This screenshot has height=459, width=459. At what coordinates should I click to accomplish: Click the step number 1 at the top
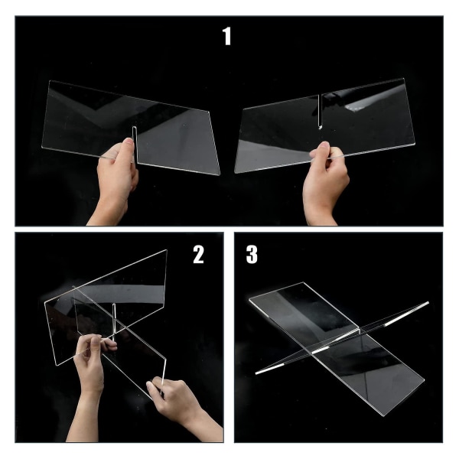pos(227,36)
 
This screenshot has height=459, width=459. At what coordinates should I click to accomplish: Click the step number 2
pos(198,255)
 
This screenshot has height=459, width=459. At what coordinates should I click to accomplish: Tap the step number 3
pos(252,255)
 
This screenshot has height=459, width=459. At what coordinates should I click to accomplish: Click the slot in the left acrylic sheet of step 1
pos(135,145)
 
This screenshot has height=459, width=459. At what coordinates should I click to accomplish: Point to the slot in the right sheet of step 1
pos(320,111)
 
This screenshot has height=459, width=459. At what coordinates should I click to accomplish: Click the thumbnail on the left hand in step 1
pos(128,141)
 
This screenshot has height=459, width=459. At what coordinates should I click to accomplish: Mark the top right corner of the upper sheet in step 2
pos(167,250)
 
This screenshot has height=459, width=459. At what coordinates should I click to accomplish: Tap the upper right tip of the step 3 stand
pos(428,303)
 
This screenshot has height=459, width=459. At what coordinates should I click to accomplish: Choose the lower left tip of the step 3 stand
pos(256,373)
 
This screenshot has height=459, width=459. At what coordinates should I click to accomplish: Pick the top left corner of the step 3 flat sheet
pos(249,299)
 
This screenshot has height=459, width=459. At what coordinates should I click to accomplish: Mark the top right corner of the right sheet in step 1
pos(404,79)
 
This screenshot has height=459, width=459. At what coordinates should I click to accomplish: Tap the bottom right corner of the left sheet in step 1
pos(219,174)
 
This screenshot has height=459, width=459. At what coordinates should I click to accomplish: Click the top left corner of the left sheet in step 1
pos(50,81)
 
